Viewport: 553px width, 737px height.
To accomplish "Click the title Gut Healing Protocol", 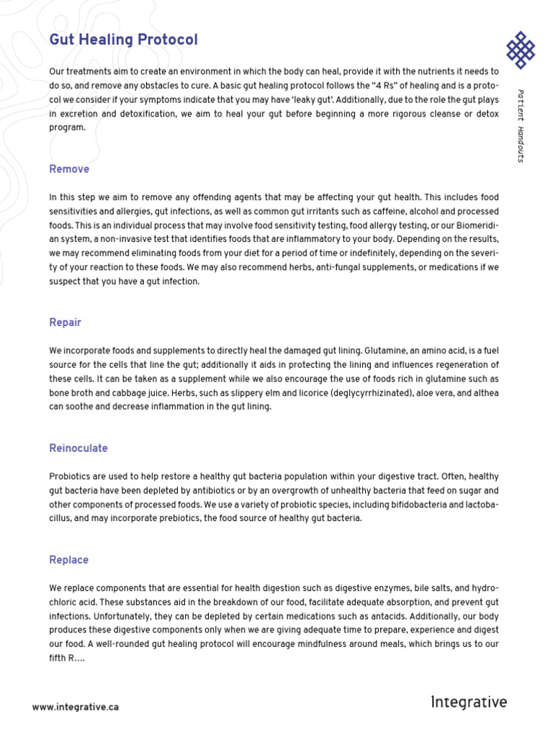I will pos(123,40).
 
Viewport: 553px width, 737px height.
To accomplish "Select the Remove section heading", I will pos(69,169).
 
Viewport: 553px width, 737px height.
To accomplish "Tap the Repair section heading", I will pos(65,322).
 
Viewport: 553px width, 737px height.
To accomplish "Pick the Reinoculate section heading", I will pos(78,448).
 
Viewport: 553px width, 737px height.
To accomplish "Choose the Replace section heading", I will pos(69,560).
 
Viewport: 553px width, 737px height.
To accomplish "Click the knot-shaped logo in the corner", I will pos(521,49).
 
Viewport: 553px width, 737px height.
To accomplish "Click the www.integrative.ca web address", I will pos(75,707).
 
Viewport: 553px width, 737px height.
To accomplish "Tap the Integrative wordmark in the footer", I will pos(469,702).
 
